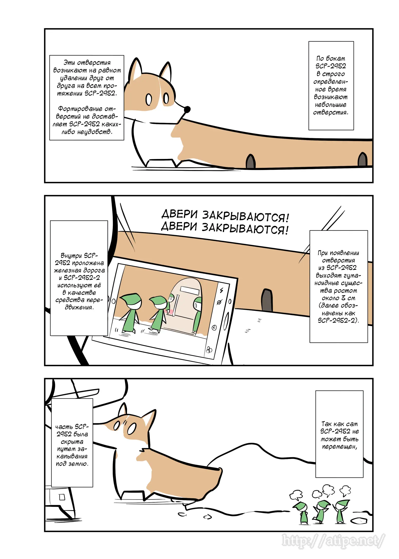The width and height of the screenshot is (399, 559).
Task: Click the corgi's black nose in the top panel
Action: tap(187, 109)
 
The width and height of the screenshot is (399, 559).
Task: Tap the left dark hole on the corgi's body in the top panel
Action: tap(251, 161)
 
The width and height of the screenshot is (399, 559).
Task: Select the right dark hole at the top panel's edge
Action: tap(363, 159)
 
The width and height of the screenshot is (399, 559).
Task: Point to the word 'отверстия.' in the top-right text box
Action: tap(331, 112)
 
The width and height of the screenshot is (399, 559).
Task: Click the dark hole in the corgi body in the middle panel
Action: tap(267, 300)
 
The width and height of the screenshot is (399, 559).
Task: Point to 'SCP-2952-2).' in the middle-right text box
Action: tap(338, 321)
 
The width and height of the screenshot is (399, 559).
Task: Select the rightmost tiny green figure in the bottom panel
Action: tap(341, 511)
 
